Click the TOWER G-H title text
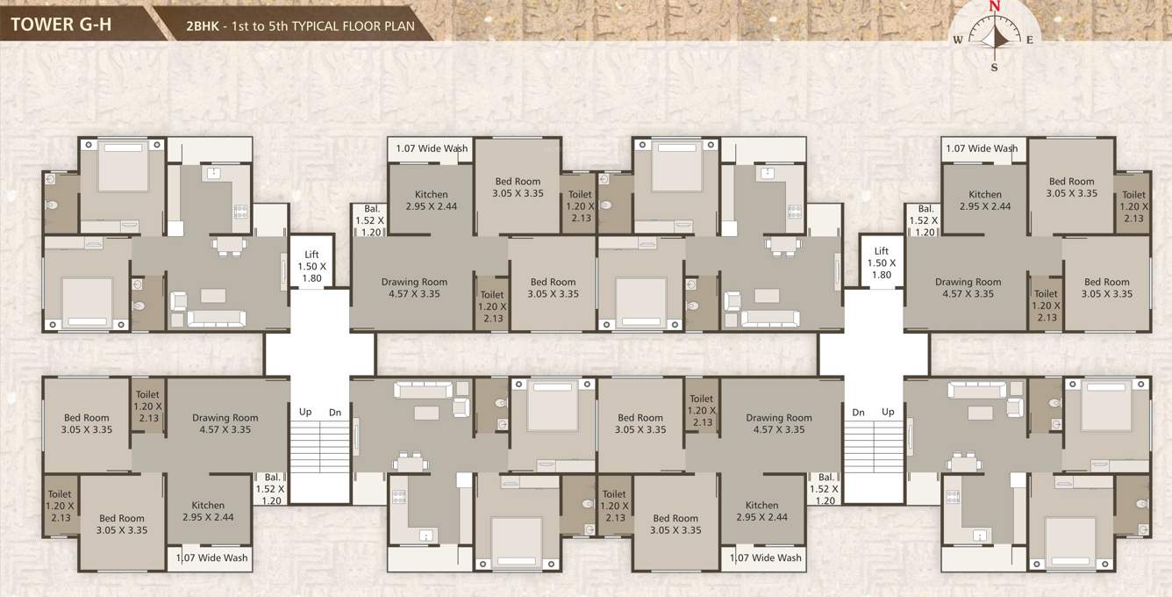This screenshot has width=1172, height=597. [x=61, y=23]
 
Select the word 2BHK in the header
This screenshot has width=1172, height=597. [x=201, y=26]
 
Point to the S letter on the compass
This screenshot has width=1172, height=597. [x=994, y=67]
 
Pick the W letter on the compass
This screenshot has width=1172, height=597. [x=958, y=40]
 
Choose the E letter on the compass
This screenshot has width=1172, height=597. [x=1030, y=40]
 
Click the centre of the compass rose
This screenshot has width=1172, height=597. [x=994, y=37]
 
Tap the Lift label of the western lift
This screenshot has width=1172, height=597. [x=311, y=254]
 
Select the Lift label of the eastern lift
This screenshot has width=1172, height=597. [x=882, y=251]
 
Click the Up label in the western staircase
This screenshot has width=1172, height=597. [x=305, y=412]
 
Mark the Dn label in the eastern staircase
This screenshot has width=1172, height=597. [x=858, y=412]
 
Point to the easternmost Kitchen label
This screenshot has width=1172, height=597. [x=985, y=195]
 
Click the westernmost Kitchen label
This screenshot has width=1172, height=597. [x=208, y=506]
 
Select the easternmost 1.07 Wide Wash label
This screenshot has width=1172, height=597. [x=982, y=148]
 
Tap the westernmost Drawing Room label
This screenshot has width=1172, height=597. [x=225, y=418]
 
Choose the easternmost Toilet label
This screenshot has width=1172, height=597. [x=1133, y=195]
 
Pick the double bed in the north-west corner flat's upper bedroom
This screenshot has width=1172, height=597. [x=122, y=166]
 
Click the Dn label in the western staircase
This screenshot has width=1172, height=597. [x=335, y=412]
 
